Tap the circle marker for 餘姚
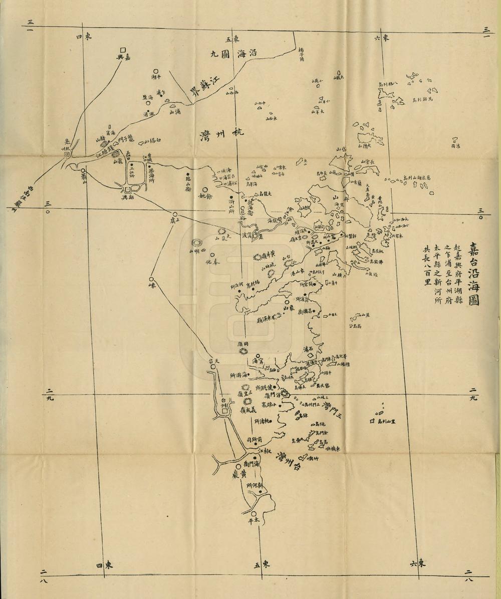pos(204,190)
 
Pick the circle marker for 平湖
pos(156,72)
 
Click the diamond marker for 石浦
pos(311,355)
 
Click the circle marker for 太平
pos(255,514)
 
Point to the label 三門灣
pos(332,410)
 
